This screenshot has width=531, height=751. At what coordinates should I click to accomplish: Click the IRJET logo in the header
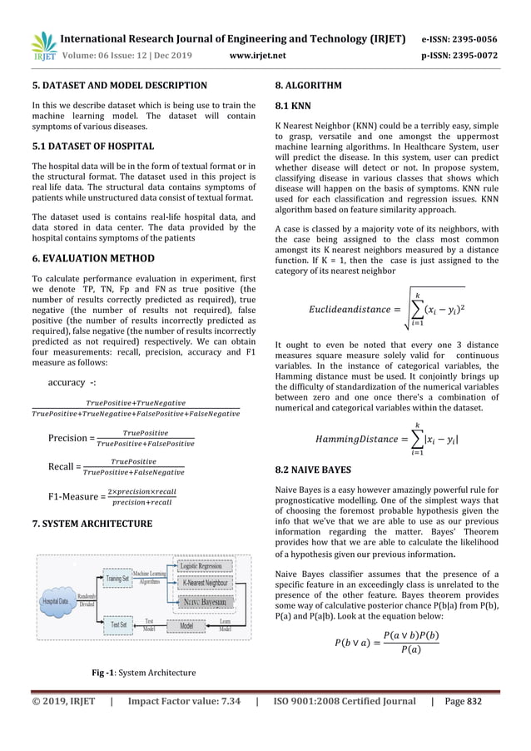(42, 47)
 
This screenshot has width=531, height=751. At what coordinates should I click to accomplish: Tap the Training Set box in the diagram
(117, 577)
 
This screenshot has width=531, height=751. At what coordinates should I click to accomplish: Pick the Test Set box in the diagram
(119, 624)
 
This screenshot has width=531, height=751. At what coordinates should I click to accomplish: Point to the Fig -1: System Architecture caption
(143, 672)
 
